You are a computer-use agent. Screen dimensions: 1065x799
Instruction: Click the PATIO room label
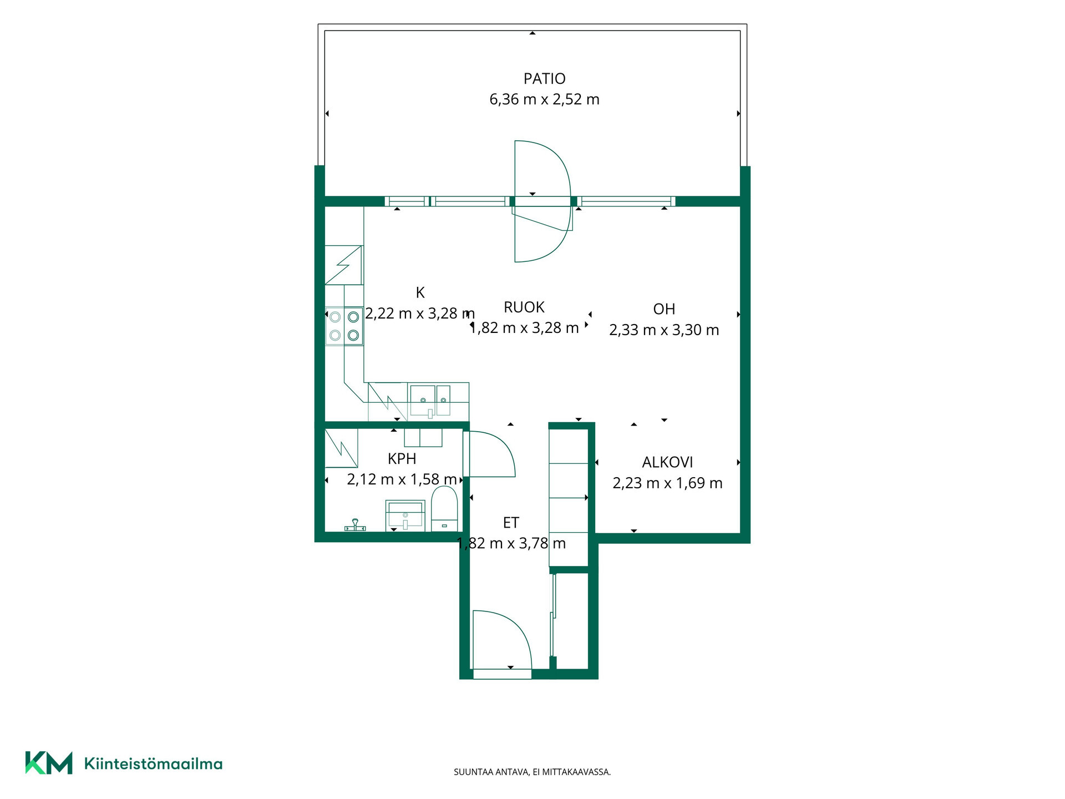click(x=544, y=79)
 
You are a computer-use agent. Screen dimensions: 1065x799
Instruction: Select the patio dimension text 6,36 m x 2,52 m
click(x=544, y=99)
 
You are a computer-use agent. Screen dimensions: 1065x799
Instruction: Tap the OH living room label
click(x=664, y=309)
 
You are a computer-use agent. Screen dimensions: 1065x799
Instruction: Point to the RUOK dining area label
click(x=524, y=307)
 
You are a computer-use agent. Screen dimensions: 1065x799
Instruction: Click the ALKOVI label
click(x=667, y=462)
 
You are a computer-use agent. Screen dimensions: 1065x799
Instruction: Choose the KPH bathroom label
click(x=402, y=459)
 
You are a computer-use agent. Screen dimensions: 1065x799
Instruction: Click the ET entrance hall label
click(x=511, y=523)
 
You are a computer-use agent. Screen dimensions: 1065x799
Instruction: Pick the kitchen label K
click(x=420, y=292)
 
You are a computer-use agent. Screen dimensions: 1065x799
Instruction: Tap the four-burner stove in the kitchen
click(x=344, y=326)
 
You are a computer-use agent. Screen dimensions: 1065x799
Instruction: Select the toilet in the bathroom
click(x=444, y=509)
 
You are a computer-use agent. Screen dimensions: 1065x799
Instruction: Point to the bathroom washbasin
click(x=405, y=515)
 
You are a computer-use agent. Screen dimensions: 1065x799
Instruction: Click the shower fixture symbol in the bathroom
click(x=355, y=525)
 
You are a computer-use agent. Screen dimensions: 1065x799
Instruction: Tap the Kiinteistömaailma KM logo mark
click(x=49, y=763)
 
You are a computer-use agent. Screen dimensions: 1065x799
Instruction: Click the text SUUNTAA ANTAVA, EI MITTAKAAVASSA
click(x=532, y=772)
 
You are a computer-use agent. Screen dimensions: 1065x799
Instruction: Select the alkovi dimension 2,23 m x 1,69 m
click(x=667, y=483)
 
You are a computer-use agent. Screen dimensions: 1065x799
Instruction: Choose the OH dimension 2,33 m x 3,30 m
click(x=664, y=330)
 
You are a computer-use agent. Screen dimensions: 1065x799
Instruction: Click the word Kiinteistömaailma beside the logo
click(x=153, y=764)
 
